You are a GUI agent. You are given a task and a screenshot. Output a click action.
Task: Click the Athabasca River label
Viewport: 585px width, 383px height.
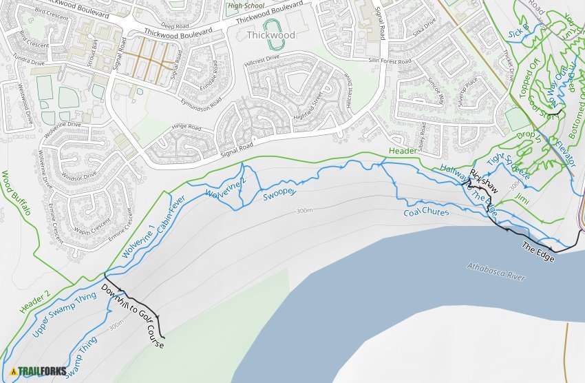pos(496,271)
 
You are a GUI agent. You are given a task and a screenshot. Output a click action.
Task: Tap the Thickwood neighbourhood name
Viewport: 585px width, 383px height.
pos(270,35)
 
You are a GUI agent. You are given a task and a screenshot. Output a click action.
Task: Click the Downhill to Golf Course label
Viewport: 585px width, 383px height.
pos(132,314)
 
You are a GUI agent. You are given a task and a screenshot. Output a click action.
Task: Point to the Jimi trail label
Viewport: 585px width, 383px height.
pos(522,198)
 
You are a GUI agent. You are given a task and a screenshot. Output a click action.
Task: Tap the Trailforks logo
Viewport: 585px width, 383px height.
pos(39,371)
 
